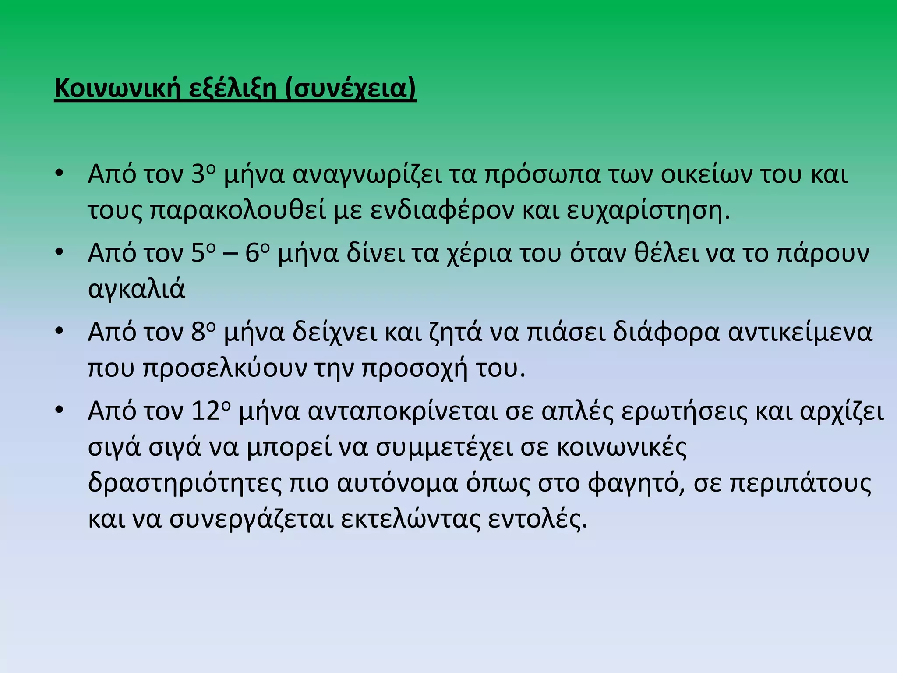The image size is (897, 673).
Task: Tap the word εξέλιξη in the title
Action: tap(233, 89)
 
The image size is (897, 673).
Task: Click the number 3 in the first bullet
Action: tap(198, 174)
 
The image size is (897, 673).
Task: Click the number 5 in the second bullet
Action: tap(198, 253)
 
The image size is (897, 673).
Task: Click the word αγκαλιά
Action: tap(137, 289)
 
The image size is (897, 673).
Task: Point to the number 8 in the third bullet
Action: tap(198, 332)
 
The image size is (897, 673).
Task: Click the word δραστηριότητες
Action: tap(185, 483)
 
